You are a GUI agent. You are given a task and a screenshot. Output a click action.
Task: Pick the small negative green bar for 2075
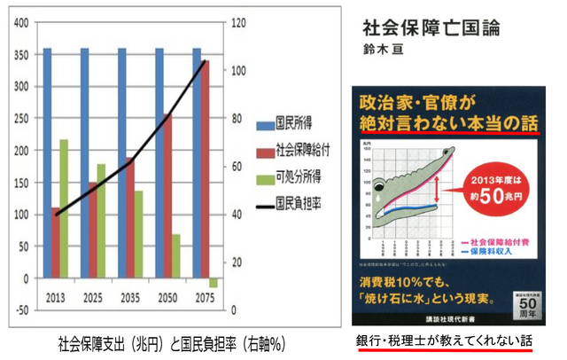214,282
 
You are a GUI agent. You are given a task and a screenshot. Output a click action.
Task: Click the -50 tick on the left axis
19,310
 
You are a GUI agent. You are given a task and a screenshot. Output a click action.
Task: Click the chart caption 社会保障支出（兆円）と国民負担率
146,343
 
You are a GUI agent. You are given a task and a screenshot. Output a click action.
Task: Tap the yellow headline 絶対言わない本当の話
444,123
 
